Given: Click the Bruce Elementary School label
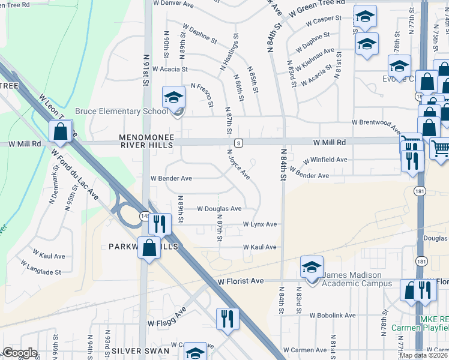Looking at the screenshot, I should pyautogui.click(x=121, y=112).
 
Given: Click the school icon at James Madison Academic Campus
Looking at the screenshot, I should pyautogui.click(x=312, y=268).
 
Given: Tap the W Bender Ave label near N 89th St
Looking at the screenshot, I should pyautogui.click(x=171, y=178).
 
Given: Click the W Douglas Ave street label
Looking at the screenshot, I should pyautogui.click(x=220, y=209).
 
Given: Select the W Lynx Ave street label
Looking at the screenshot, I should pyautogui.click(x=259, y=224).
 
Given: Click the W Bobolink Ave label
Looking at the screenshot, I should pyautogui.click(x=333, y=315).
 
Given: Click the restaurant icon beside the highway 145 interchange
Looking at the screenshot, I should pyautogui.click(x=159, y=224).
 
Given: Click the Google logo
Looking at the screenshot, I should pyautogui.click(x=20, y=353).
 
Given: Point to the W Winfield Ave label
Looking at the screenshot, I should pyautogui.click(x=325, y=160).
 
